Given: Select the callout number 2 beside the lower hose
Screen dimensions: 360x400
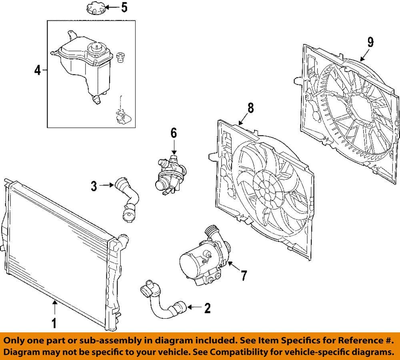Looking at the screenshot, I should [207, 308].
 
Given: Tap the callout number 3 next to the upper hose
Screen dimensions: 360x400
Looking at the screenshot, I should [94, 185].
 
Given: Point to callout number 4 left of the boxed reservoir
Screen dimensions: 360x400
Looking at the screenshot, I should [37, 71].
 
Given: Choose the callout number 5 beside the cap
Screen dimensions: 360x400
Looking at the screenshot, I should [124, 8].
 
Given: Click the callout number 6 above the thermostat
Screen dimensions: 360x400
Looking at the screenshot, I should [174, 133].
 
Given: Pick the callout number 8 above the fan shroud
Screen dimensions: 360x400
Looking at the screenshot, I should [250, 107].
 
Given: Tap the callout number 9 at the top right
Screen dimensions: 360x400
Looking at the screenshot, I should [370, 42].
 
